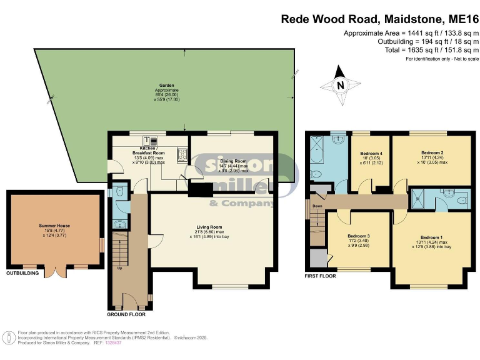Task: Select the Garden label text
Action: (166, 84)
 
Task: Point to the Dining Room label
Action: (232, 161)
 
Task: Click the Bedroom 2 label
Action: (432, 152)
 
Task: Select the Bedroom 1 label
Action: (432, 237)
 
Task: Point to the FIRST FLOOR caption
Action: (320, 276)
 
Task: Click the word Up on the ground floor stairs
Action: (119, 269)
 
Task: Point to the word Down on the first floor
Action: (317, 206)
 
